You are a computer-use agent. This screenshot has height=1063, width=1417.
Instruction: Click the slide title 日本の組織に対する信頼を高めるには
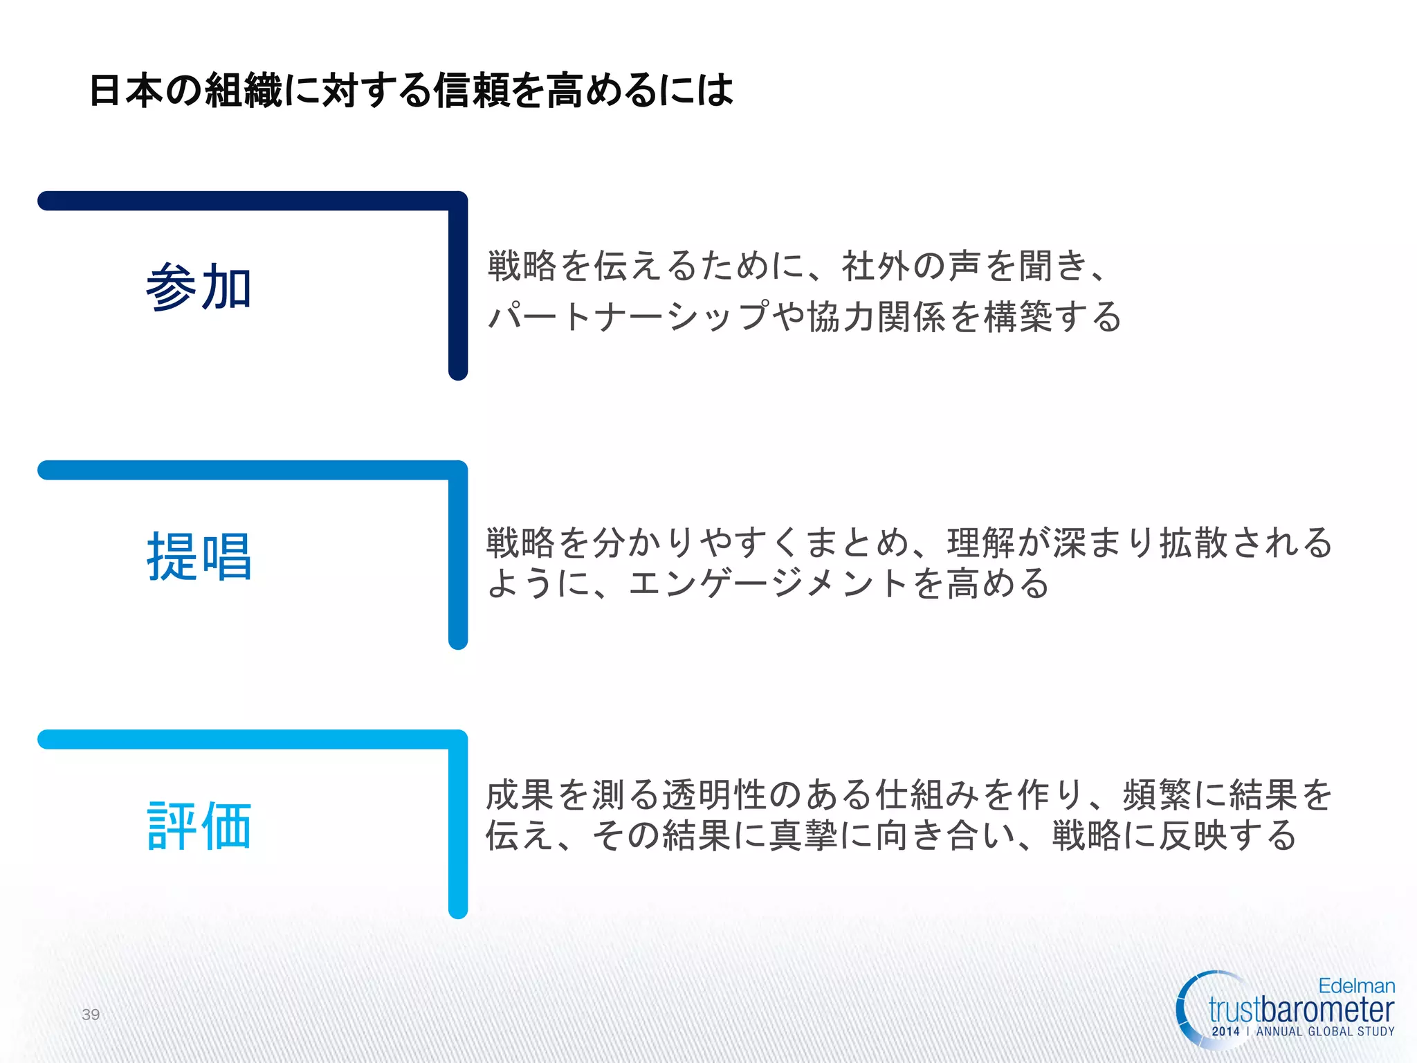pyautogui.click(x=411, y=91)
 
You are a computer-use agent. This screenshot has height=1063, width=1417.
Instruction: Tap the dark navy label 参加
pyautogui.click(x=199, y=287)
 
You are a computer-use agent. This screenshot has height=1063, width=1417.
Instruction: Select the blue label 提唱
pyautogui.click(x=199, y=556)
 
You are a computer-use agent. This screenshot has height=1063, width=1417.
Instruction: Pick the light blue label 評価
pyautogui.click(x=199, y=826)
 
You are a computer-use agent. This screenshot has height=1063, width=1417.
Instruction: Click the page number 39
pyautogui.click(x=91, y=1015)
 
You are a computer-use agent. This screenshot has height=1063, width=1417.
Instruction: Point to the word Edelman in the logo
pyautogui.click(x=1356, y=986)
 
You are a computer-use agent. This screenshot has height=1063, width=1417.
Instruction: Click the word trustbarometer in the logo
pyautogui.click(x=1301, y=1010)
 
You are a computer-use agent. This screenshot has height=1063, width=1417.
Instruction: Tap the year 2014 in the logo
pyautogui.click(x=1225, y=1032)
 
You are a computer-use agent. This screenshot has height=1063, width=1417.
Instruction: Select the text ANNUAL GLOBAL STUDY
pyautogui.click(x=1325, y=1032)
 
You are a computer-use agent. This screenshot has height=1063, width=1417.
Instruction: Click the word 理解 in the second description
pyautogui.click(x=981, y=543)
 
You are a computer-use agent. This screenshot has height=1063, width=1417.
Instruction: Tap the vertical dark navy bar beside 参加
pyautogui.click(x=458, y=291)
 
